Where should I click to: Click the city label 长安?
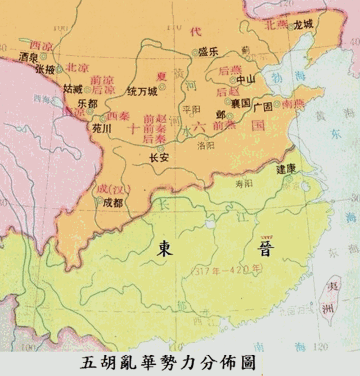[x=159, y=158]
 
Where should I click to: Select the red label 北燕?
[x=277, y=24]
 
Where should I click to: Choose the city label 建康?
[x=286, y=168]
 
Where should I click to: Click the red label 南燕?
[x=293, y=105]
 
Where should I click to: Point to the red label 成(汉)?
[x=109, y=188]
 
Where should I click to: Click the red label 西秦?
[x=118, y=116]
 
